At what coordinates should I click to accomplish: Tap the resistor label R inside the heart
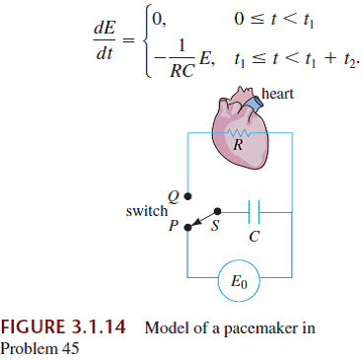pyautogui.click(x=237, y=145)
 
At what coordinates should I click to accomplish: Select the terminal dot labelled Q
pyautogui.click(x=188, y=194)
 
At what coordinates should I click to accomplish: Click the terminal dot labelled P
pyautogui.click(x=188, y=225)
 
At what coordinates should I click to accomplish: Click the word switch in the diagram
pyautogui.click(x=147, y=210)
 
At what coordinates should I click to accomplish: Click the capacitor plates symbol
pyautogui.click(x=254, y=210)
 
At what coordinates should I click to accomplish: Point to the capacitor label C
pyautogui.click(x=254, y=238)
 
